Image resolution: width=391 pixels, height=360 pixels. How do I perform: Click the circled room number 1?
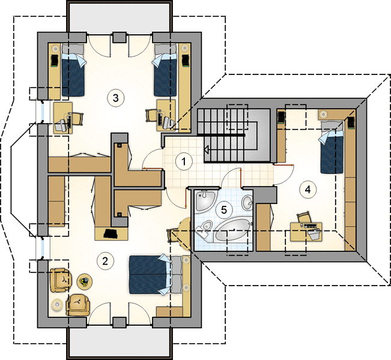(184, 161)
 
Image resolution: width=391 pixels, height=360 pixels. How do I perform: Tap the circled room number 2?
(105, 262)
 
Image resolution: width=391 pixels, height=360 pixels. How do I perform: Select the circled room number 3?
(115, 98)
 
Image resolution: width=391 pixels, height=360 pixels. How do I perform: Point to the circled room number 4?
(308, 190)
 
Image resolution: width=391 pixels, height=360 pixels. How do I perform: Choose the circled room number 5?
(224, 210)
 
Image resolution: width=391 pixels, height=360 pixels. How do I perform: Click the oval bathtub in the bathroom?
(232, 230)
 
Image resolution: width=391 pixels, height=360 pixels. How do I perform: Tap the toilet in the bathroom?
(205, 228)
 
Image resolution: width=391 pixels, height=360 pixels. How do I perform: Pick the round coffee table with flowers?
(84, 282)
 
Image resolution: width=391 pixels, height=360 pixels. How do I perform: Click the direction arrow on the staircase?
(207, 149)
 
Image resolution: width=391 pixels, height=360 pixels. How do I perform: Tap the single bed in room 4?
(331, 147)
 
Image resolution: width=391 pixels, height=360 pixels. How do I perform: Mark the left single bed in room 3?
(73, 70)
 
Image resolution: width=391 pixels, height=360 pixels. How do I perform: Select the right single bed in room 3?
(165, 70)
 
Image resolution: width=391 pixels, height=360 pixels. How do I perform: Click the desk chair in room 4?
(304, 217)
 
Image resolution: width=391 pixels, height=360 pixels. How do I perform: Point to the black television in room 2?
(111, 233)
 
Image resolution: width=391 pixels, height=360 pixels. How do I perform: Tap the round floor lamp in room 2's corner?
(57, 304)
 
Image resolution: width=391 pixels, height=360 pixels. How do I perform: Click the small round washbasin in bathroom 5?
(247, 203)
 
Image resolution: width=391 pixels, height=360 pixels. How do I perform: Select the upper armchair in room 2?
(61, 280)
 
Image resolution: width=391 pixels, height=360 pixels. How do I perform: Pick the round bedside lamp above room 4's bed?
(324, 115)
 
